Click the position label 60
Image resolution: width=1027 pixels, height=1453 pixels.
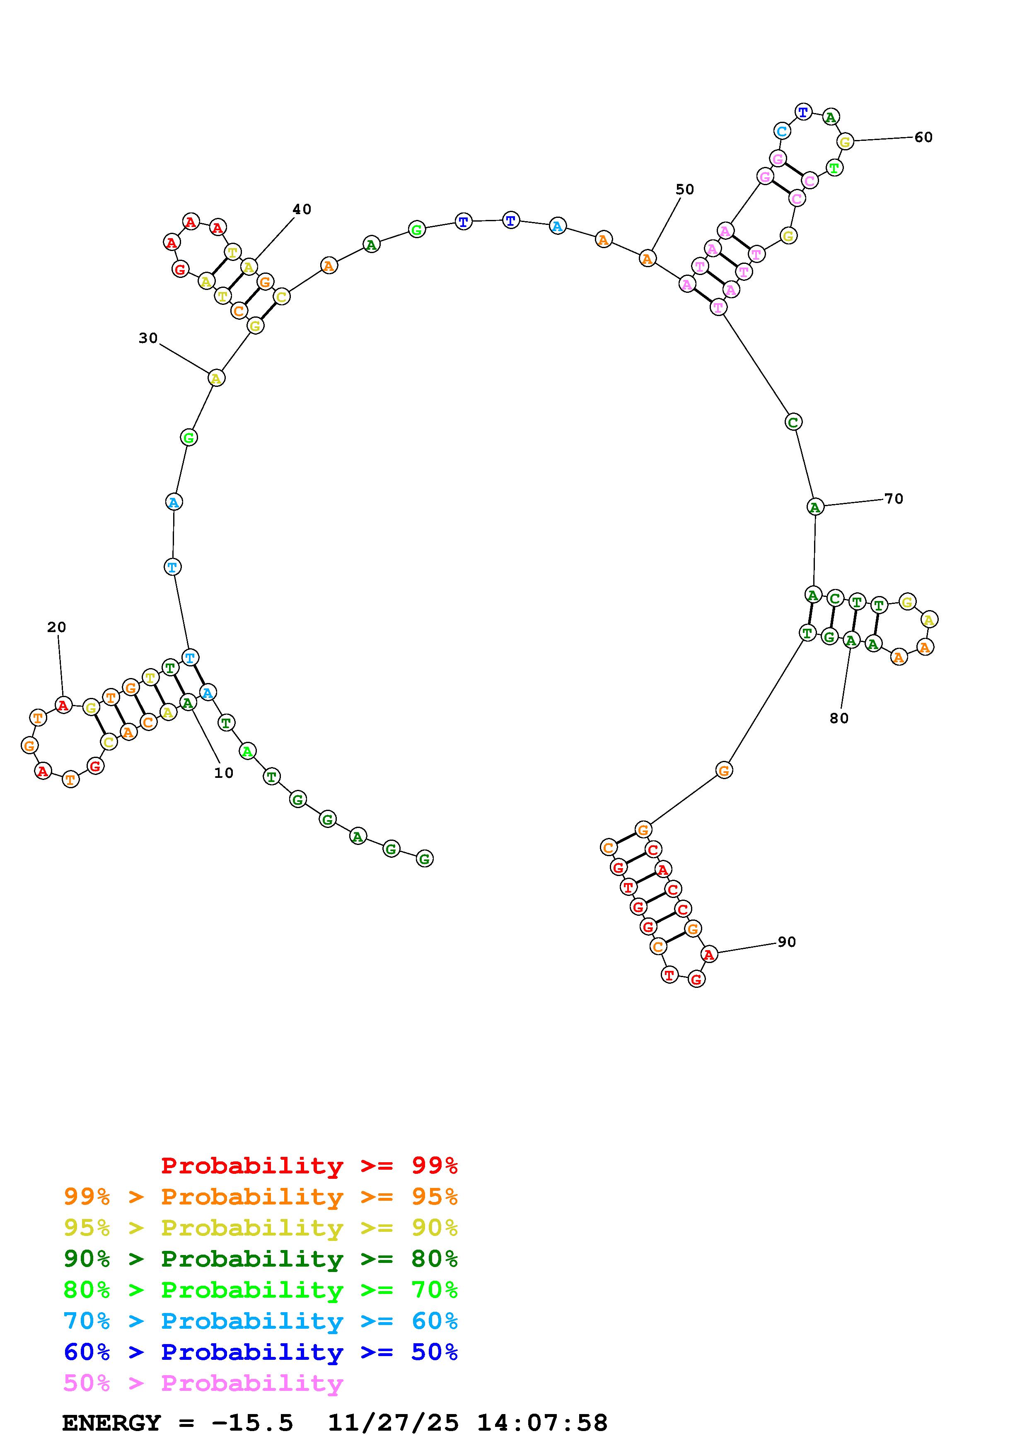point(923,138)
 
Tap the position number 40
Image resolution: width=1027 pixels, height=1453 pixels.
point(302,210)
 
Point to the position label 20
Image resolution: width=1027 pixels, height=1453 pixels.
point(56,627)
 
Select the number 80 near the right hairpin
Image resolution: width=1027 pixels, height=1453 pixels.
point(839,718)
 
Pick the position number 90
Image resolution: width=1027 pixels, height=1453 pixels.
point(787,942)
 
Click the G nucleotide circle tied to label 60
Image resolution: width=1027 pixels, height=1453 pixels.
point(845,142)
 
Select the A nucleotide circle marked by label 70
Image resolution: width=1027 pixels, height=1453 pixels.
point(815,507)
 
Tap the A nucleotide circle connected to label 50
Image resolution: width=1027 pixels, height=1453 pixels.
point(647,258)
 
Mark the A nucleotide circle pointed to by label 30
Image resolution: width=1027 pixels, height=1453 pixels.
point(216,379)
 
